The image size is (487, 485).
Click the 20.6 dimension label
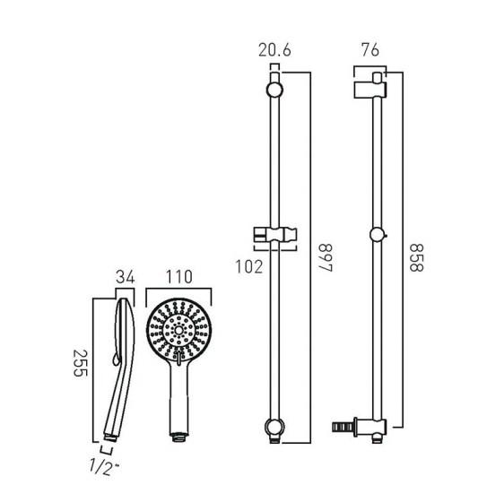(274, 50)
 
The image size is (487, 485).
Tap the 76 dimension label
(370, 50)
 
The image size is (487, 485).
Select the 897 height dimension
(326, 258)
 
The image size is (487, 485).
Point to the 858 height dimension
(416, 258)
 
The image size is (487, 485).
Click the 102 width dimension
(249, 267)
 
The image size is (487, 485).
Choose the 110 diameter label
(178, 277)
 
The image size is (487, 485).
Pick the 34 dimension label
(126, 277)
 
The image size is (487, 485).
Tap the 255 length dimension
(80, 363)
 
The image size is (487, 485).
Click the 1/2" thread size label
(104, 467)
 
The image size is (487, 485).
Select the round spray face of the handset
(178, 330)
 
